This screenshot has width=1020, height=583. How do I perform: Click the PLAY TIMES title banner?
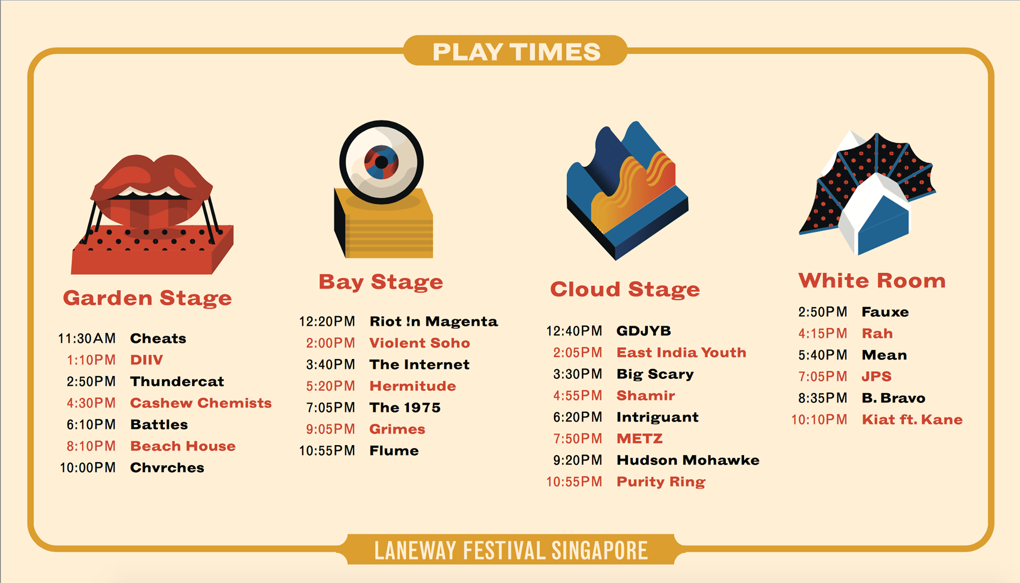[515, 51]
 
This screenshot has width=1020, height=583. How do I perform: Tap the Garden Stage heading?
[147, 298]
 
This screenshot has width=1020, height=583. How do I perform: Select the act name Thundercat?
[177, 381]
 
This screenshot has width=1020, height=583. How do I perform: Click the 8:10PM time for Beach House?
[91, 446]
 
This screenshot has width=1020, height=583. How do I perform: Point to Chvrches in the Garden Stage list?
[167, 467]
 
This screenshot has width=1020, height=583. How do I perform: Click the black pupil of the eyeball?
[382, 162]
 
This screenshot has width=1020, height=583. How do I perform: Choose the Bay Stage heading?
[381, 282]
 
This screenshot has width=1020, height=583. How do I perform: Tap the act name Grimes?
[397, 429]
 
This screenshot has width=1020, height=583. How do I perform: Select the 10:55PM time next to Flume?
[327, 451]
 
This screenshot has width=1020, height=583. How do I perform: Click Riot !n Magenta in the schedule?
[433, 322]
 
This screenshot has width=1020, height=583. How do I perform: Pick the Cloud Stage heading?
[625, 289]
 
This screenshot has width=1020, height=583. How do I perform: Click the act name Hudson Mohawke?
[688, 460]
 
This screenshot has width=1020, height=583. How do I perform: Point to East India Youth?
[681, 352]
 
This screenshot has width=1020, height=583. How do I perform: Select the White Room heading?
[872, 281]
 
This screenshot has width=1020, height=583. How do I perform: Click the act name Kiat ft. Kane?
[912, 420]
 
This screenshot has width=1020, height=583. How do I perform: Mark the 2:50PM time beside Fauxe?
[822, 312]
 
